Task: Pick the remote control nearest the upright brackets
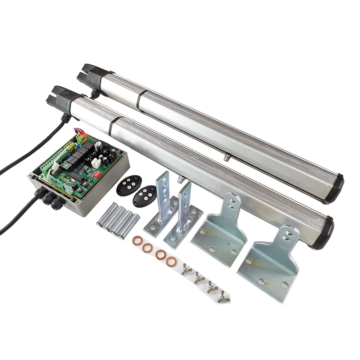(144, 195)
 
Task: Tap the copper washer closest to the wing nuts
(171, 262)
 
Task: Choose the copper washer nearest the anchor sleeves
(137, 240)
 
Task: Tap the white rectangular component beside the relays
(95, 163)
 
